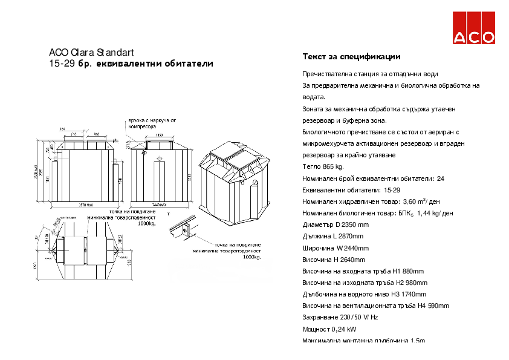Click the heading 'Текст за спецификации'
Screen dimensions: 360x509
point(351,57)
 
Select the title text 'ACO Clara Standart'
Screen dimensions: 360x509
point(91,53)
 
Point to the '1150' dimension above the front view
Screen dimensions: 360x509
point(158,136)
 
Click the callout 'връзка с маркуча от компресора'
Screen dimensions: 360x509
point(152,123)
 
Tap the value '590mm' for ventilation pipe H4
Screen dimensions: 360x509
point(438,306)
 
